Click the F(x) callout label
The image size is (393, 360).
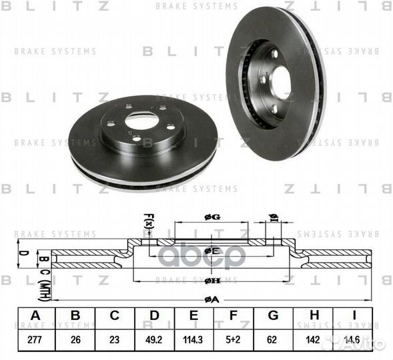148,218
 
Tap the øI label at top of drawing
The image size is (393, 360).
272,215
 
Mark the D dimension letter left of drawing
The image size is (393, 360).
21,253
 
